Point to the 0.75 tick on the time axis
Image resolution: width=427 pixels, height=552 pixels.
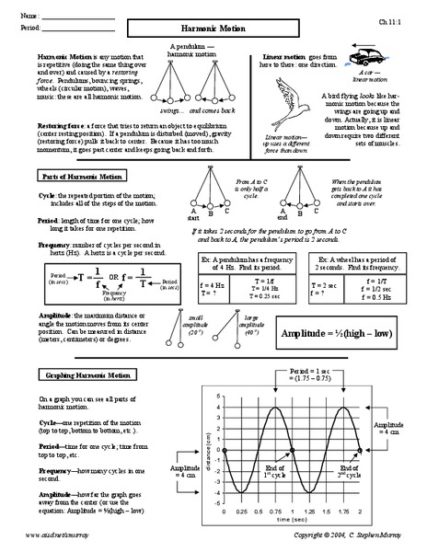274,512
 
